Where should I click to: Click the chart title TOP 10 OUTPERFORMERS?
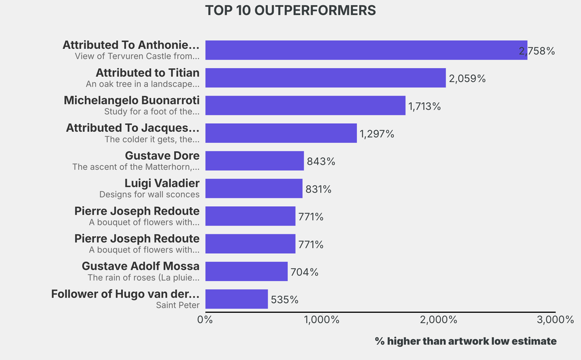pyautogui.click(x=290, y=11)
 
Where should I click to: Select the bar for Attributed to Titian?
pyautogui.click(x=325, y=78)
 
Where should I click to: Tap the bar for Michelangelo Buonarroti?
pyautogui.click(x=305, y=106)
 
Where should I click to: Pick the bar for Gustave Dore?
pyautogui.click(x=254, y=161)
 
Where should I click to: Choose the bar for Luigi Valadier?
pyautogui.click(x=254, y=189)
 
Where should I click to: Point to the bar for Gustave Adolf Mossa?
pyautogui.click(x=246, y=271)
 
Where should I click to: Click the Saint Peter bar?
pyautogui.click(x=236, y=299)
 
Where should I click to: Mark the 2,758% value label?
pyautogui.click(x=537, y=51)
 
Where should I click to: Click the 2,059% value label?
pyautogui.click(x=467, y=78)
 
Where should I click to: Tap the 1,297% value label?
pyautogui.click(x=377, y=134)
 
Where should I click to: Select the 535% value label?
pyautogui.click(x=284, y=300)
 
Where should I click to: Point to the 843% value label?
pyautogui.click(x=321, y=161)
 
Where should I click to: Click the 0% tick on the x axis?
pyautogui.click(x=205, y=320)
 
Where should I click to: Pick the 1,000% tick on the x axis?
pyautogui.click(x=321, y=320)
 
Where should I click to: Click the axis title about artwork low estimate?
pyautogui.click(x=465, y=341)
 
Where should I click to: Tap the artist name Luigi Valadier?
pyautogui.click(x=162, y=183)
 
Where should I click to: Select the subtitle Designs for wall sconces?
pyautogui.click(x=149, y=194)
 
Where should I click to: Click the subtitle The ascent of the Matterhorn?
pyautogui.click(x=136, y=167)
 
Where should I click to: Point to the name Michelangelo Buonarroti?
pyautogui.click(x=132, y=100)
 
